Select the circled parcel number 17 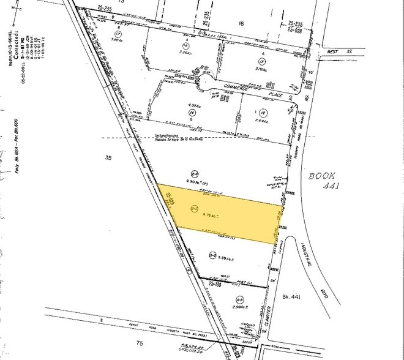tap(119, 34)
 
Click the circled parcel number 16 tap(185, 46)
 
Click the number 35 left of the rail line tap(108, 158)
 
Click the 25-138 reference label tap(214, 284)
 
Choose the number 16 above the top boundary tap(241, 23)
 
